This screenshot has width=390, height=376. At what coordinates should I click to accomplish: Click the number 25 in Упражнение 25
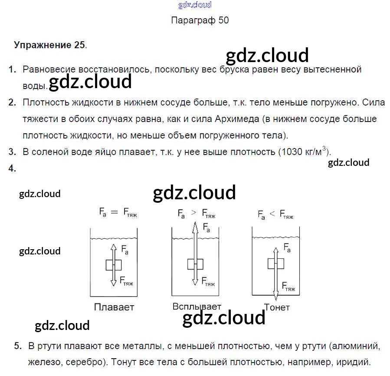pos(79,45)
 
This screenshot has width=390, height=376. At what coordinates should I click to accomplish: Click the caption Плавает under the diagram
pos(114,307)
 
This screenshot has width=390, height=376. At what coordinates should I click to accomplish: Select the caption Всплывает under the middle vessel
pos(197,306)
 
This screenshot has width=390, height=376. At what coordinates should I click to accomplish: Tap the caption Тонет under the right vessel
pos(277,307)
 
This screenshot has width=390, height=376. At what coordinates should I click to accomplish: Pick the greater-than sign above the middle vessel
pos(193,212)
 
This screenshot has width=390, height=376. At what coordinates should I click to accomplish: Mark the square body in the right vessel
pos(275,264)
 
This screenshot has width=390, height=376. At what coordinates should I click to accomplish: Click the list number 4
pos(12,169)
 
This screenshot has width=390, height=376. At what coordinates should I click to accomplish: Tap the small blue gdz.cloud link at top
pos(195,5)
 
